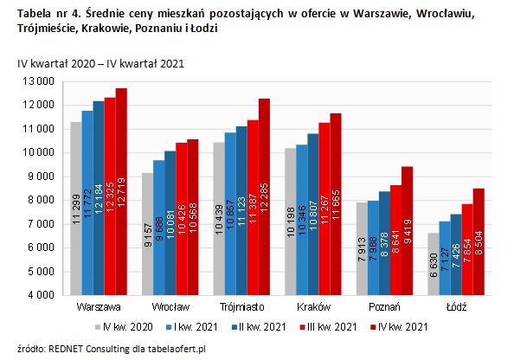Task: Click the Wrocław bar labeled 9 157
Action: [x=148, y=234]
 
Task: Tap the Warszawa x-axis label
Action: [x=98, y=306]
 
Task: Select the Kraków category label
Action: [x=312, y=306]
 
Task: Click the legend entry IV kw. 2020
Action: [x=127, y=326]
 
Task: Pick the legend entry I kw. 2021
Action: [x=195, y=326]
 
